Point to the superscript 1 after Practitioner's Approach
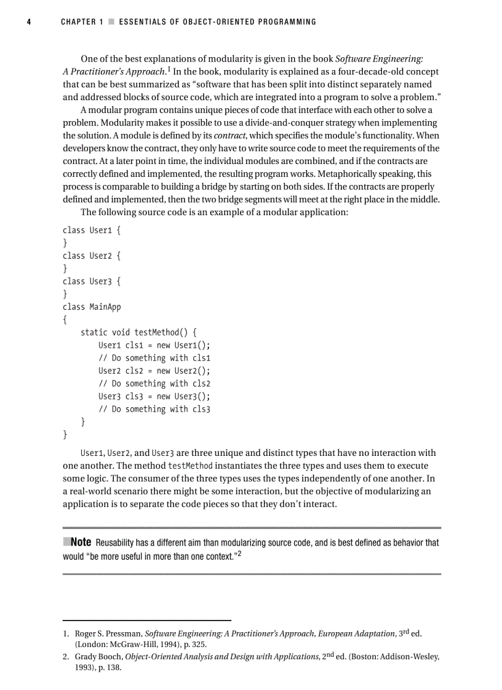[167, 69]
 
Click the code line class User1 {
[92, 230]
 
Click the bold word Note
[81, 542]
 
